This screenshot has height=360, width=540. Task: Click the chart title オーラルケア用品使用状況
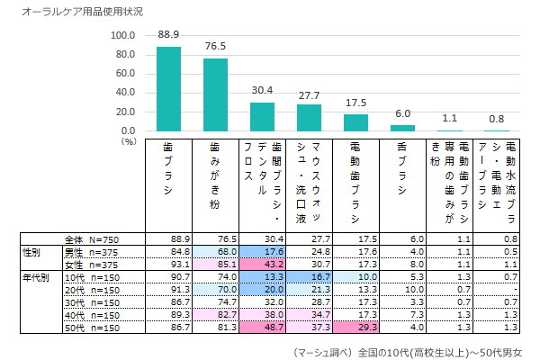coord(69,12)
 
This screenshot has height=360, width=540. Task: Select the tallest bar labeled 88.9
coord(169,89)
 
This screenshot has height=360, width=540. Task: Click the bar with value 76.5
coord(216,94)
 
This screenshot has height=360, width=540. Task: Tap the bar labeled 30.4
coord(262,117)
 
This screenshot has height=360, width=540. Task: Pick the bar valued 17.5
coord(355,122)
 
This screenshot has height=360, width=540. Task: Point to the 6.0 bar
coord(402,128)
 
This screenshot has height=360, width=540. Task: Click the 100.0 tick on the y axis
coord(122,36)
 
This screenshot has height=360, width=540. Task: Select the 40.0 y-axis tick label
coord(122,93)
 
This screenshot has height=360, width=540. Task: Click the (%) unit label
coord(128,140)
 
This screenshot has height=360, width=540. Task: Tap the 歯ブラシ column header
coord(168,170)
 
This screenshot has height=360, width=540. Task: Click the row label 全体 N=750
coord(94,238)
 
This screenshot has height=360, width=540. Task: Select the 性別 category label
coord(31,251)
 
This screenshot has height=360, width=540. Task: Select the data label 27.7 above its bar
coord(309,95)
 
